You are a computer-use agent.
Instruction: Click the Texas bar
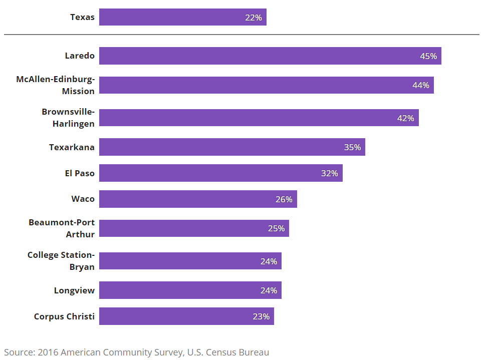point(182,17)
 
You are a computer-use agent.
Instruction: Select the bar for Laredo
point(270,56)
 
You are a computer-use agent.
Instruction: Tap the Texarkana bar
point(232,147)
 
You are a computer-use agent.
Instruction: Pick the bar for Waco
point(198,199)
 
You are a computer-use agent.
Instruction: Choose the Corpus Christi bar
point(186,316)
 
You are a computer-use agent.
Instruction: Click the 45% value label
point(428,56)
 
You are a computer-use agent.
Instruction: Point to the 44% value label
point(421,85)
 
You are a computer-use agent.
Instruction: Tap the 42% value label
point(406,118)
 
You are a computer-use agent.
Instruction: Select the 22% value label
point(254,18)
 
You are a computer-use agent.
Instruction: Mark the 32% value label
point(330,173)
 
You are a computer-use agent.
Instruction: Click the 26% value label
point(284,199)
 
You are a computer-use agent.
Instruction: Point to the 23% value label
point(261,316)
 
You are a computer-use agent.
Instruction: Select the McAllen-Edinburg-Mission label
point(56,85)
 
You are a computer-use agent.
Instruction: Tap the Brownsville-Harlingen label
point(69,118)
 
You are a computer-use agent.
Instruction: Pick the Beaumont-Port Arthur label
point(62,228)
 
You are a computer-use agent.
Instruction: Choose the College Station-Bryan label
point(61,261)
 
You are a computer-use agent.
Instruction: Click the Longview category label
point(74,290)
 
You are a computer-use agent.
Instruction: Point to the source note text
point(137,352)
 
